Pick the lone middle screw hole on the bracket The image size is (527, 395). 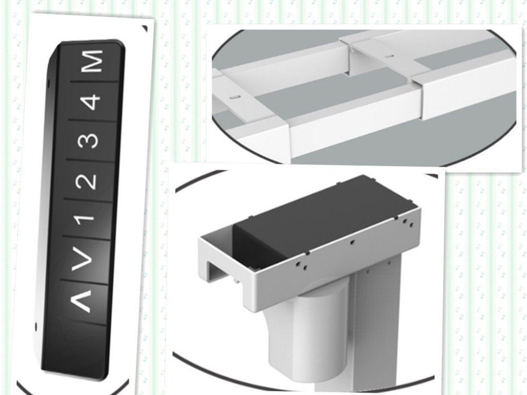tap(352, 241)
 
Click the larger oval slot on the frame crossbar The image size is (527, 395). tap(235, 97)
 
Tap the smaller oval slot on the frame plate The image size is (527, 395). tap(389, 56)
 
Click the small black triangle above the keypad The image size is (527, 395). tap(145, 28)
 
